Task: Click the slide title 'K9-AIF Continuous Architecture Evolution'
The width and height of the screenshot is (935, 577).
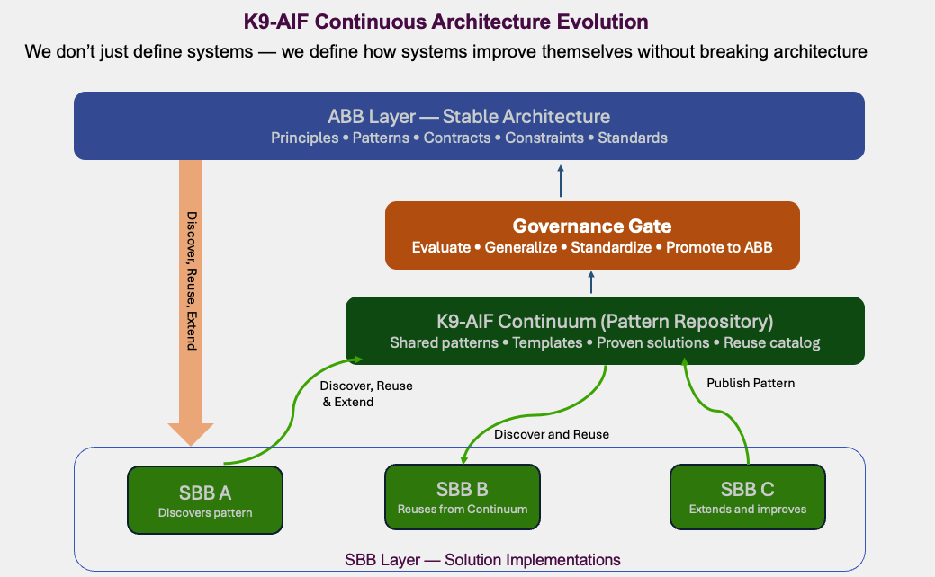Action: coord(445,20)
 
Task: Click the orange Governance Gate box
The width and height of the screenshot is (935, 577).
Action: coord(592,235)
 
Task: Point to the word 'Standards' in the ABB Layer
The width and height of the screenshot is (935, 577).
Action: coord(633,138)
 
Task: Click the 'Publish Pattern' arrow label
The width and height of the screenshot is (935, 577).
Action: coord(751,383)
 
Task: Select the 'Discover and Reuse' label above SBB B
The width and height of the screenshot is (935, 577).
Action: coord(552,434)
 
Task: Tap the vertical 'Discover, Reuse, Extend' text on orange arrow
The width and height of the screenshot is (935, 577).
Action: coord(191,280)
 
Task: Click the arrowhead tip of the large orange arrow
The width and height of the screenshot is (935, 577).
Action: coord(191,442)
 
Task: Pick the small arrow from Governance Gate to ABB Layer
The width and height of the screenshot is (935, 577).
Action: coord(561,181)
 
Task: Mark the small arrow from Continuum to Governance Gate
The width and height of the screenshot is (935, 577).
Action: coord(591,283)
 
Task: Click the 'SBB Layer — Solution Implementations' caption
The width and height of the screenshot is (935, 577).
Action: coord(482,560)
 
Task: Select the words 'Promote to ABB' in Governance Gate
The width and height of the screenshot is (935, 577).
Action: coord(719,247)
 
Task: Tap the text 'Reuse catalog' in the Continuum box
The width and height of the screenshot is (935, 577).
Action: coord(771,343)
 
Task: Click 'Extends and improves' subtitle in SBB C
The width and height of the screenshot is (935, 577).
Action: coord(748,510)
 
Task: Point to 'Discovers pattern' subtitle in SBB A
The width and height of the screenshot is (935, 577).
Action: coord(205,513)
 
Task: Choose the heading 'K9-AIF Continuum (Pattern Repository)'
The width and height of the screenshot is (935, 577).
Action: coord(605,321)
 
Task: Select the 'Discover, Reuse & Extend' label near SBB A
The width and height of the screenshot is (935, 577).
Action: coord(366,394)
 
